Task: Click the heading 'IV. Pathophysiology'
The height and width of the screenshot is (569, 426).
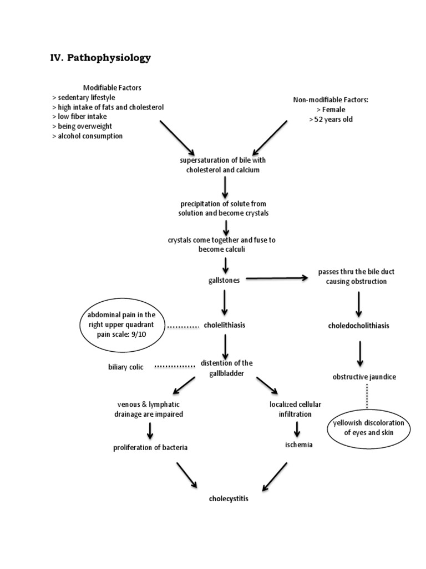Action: coord(100,58)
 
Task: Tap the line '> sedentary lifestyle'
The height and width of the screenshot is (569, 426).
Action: coord(83,97)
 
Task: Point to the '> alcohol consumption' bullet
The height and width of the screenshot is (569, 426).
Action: coord(87,136)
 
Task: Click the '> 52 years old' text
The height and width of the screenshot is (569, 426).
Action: coord(331,119)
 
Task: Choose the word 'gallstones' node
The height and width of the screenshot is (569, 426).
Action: coord(224,280)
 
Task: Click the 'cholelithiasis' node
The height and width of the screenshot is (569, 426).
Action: coord(225,325)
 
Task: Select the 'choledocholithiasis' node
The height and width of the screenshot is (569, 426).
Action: coord(358,326)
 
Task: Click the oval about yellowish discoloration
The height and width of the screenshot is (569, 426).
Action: coord(369,427)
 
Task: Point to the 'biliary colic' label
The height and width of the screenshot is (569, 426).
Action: coord(126,367)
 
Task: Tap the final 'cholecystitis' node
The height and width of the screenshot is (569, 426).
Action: coord(228,498)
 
